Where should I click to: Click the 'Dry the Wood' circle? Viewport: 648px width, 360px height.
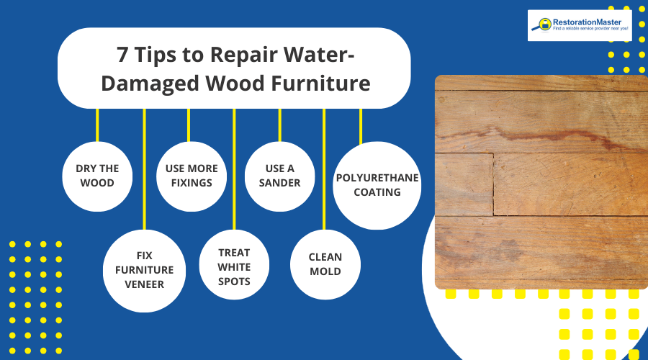[x=97, y=176]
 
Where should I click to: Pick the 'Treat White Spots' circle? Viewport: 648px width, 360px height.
[x=234, y=267]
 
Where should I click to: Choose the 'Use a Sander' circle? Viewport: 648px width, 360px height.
[x=280, y=176]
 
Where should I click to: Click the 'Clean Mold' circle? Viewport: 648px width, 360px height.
[x=325, y=264]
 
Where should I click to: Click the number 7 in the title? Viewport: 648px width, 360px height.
[x=123, y=55]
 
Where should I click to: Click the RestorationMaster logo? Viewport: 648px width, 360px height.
[x=580, y=24]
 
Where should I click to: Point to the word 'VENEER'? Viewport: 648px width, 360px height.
[x=145, y=284]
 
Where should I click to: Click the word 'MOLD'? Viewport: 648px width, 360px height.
[x=325, y=271]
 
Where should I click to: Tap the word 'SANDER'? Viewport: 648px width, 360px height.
[x=280, y=183]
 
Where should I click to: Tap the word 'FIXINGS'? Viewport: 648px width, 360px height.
[x=192, y=183]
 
